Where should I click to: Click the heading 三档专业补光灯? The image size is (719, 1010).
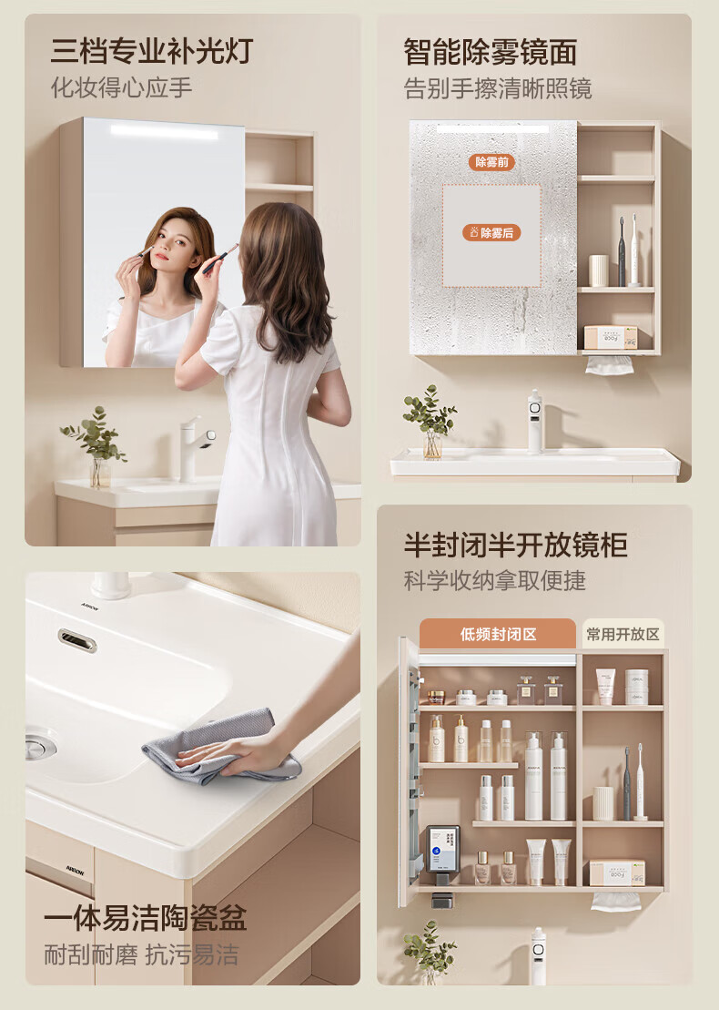click(x=151, y=52)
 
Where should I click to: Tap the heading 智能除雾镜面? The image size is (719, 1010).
click(x=490, y=52)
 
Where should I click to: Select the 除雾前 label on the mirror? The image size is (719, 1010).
click(x=491, y=162)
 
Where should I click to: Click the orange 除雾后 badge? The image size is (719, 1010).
click(x=491, y=232)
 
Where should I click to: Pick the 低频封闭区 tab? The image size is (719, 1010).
click(x=498, y=635)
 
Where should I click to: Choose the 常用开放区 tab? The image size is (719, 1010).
click(x=623, y=635)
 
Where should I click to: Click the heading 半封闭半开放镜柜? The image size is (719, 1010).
click(x=515, y=545)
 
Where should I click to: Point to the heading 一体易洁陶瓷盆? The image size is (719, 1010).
click(x=145, y=918)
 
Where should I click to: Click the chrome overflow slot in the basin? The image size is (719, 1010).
click(x=77, y=640)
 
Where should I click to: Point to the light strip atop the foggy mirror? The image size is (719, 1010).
click(x=492, y=129)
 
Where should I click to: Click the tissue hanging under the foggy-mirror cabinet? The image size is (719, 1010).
click(x=609, y=364)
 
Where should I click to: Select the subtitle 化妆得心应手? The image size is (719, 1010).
click(x=122, y=87)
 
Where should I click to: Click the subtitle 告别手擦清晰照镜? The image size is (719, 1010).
click(x=498, y=89)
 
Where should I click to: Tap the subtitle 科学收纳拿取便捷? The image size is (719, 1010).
click(x=494, y=580)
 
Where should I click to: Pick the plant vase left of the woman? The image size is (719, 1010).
click(x=100, y=472)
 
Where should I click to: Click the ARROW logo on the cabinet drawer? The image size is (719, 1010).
click(x=74, y=871)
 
